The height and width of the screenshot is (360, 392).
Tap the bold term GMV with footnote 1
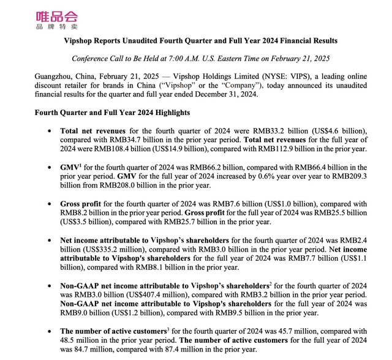tap(69, 167)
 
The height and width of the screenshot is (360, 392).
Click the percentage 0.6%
tap(226, 176)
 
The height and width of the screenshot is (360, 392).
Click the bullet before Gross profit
tap(48, 204)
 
